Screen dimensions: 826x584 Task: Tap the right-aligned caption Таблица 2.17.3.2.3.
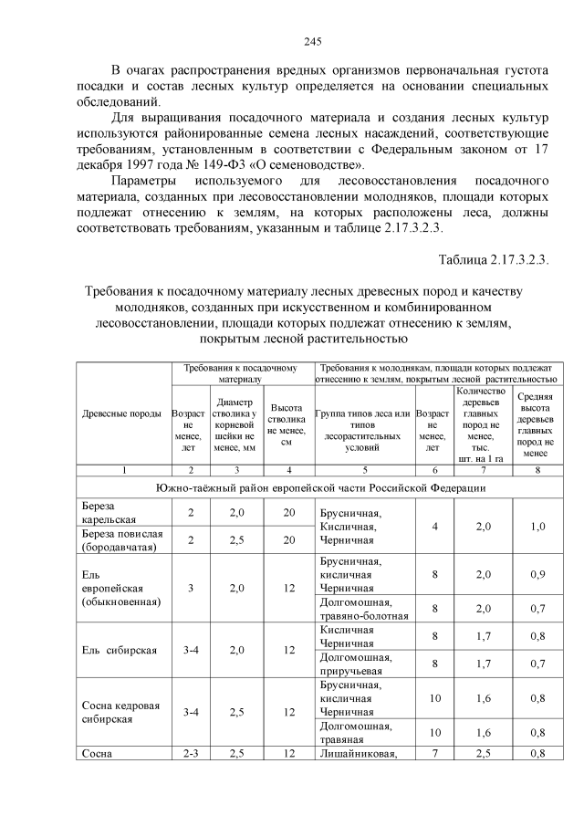click(493, 258)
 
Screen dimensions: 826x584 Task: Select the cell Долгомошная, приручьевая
click(357, 664)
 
